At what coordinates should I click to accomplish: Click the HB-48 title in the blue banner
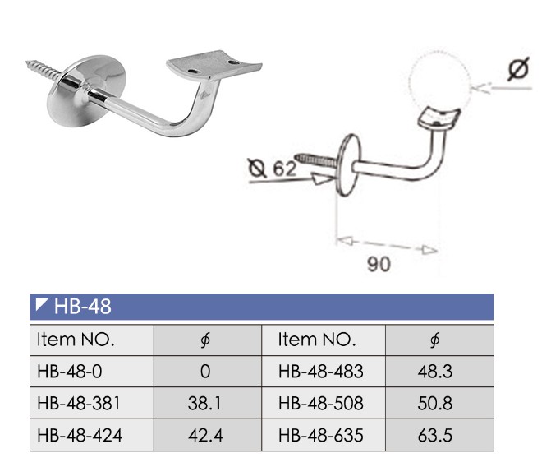81,307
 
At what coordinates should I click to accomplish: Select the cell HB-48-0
70,372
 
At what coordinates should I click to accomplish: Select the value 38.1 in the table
204,404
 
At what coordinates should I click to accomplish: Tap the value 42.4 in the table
204,436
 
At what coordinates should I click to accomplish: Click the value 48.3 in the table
435,372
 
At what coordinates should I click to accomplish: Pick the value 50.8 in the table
435,404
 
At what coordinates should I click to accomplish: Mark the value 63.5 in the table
435,436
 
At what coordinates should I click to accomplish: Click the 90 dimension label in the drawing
380,264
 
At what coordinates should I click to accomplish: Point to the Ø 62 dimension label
273,170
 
